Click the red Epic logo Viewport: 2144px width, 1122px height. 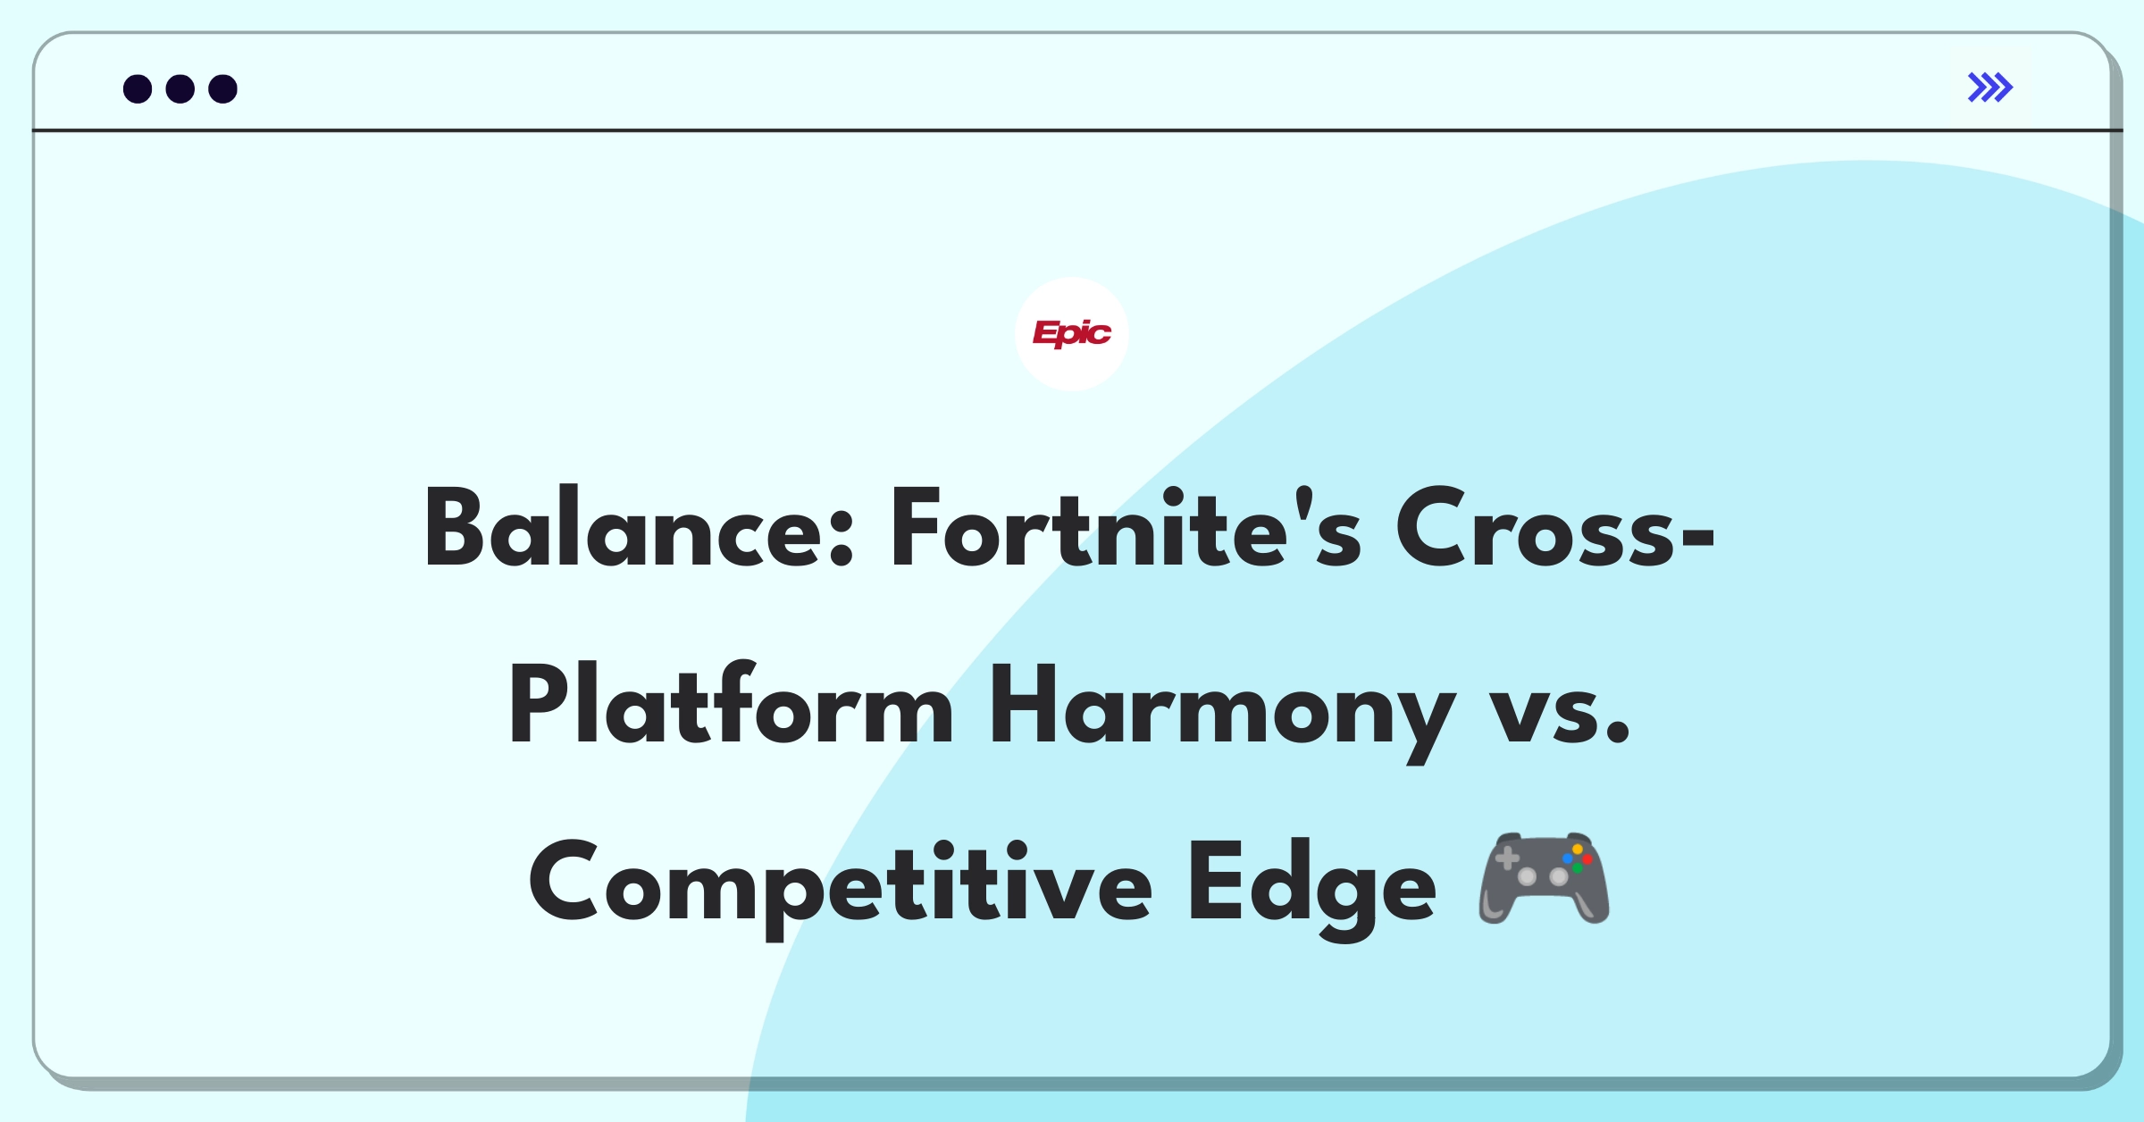pos(1071,334)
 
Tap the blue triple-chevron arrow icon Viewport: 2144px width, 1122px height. pos(1990,88)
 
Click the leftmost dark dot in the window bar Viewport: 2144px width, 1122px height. pos(138,89)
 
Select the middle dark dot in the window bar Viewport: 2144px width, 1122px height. pos(180,89)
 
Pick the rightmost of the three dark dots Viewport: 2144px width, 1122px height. pos(223,89)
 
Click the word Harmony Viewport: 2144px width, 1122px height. pos(1223,711)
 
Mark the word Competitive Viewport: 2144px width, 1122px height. pos(841,884)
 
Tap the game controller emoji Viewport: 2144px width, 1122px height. pos(1545,877)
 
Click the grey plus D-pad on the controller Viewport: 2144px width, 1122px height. pos(1507,858)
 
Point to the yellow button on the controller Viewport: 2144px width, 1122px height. pos(1578,850)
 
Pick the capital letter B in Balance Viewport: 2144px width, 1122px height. pos(455,527)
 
